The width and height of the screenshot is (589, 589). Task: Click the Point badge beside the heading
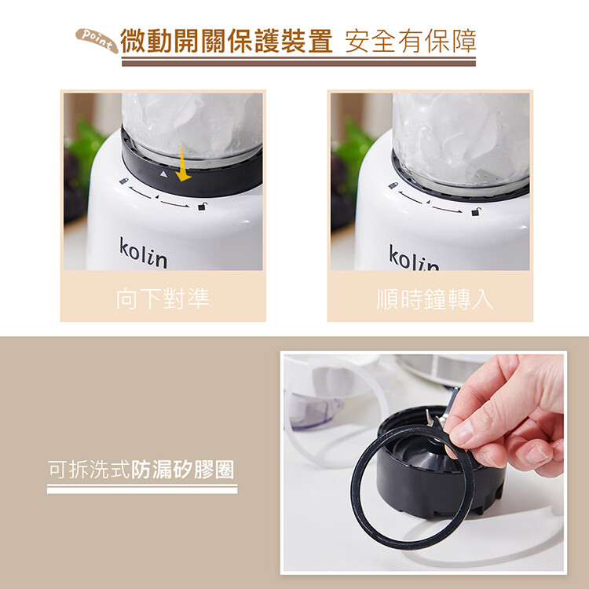pyautogui.click(x=97, y=40)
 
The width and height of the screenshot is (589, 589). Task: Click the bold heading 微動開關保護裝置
pyautogui.click(x=226, y=41)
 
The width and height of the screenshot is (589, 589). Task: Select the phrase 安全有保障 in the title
pyautogui.click(x=411, y=41)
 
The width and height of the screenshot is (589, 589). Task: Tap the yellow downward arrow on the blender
pyautogui.click(x=183, y=164)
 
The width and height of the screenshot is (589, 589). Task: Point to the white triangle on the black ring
pyautogui.click(x=163, y=174)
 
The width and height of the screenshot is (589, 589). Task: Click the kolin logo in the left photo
pyautogui.click(x=143, y=252)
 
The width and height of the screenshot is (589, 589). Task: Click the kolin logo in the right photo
pyautogui.click(x=413, y=258)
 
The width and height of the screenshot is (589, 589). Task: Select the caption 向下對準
pyautogui.click(x=163, y=299)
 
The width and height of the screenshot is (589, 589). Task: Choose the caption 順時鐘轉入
pyautogui.click(x=434, y=299)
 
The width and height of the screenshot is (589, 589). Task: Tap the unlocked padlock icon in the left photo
pyautogui.click(x=203, y=206)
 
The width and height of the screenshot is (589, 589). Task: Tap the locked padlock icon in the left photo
pyautogui.click(x=123, y=181)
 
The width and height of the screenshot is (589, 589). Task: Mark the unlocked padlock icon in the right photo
pyautogui.click(x=477, y=211)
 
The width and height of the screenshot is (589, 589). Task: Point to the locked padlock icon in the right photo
pyautogui.click(x=393, y=185)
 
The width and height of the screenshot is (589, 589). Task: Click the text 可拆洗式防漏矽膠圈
pyautogui.click(x=141, y=469)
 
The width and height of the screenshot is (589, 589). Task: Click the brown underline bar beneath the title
pyautogui.click(x=298, y=62)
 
